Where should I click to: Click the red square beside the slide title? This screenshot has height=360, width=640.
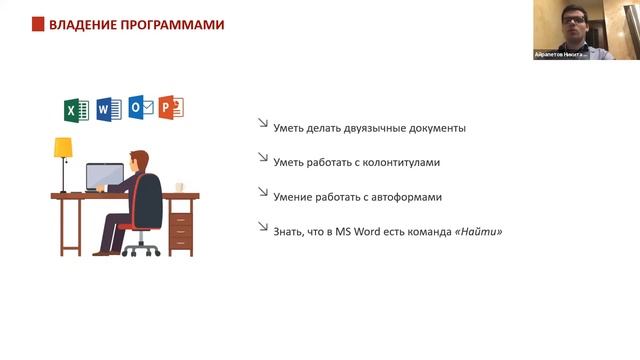click(38, 24)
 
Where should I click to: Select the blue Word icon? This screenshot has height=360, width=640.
click(108, 109)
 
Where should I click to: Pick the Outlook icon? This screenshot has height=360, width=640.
click(141, 108)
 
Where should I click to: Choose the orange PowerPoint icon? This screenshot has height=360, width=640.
click(172, 108)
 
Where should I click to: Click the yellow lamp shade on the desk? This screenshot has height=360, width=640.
click(63, 148)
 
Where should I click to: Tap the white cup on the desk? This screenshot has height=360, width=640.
click(180, 187)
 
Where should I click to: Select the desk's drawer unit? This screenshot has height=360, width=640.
click(181, 225)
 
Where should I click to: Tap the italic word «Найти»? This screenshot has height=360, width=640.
click(478, 232)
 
